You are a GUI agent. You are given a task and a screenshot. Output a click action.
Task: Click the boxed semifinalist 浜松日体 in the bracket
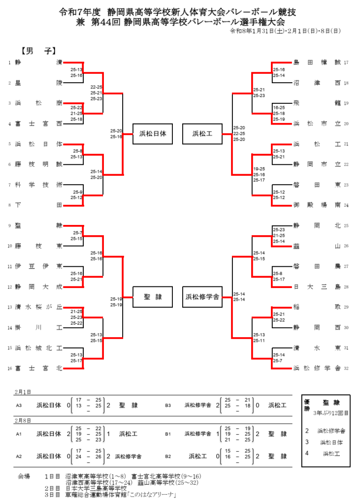click(x=153, y=133)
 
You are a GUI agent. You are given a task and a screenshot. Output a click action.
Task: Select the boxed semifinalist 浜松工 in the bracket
click(x=202, y=133)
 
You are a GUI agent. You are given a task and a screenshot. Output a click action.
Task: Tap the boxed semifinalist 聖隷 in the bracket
click(x=153, y=297)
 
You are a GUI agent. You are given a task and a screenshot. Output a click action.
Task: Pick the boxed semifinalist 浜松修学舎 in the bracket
click(x=202, y=297)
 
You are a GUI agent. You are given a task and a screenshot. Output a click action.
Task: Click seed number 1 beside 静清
click(x=9, y=63)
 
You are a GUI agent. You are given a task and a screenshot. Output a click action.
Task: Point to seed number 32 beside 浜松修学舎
click(x=346, y=368)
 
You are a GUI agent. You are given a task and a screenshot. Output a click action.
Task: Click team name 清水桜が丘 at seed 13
click(x=38, y=307)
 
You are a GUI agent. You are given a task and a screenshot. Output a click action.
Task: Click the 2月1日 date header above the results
click(x=22, y=392)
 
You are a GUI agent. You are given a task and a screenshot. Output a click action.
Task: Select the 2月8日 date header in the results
click(x=22, y=420)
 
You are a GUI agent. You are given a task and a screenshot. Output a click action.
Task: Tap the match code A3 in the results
click(x=19, y=406)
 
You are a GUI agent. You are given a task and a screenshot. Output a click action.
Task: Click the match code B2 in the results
click(x=168, y=456)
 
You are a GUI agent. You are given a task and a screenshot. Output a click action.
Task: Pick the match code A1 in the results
click(x=19, y=434)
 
